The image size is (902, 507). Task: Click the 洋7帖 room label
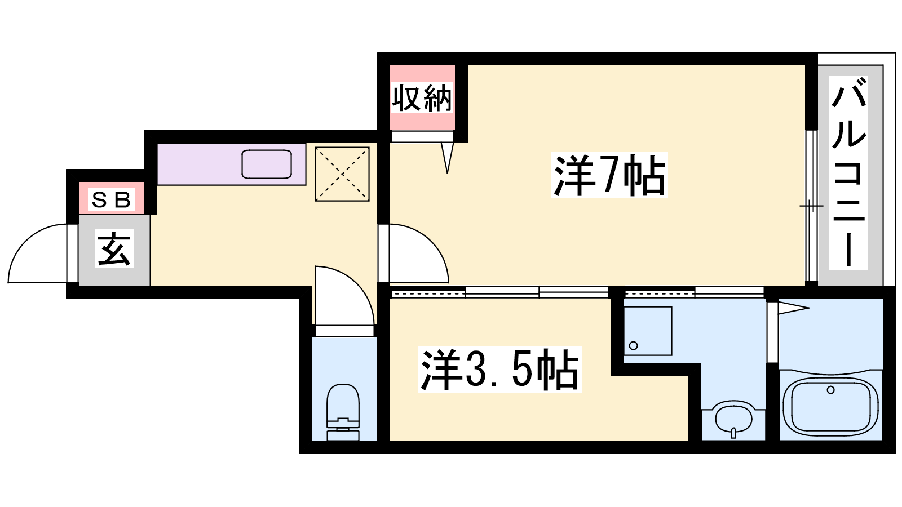click(609, 175)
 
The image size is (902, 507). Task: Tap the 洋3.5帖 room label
click(499, 370)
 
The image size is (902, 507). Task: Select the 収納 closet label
click(422, 98)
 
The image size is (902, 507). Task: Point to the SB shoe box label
click(111, 199)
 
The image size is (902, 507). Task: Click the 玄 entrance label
click(114, 248)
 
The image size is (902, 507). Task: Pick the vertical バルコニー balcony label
click(848, 173)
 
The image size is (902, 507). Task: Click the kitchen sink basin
click(267, 164)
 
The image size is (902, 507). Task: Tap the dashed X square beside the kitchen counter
click(342, 174)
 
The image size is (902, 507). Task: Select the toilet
click(343, 412)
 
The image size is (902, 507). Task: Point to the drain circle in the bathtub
click(831, 390)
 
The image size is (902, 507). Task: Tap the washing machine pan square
click(648, 331)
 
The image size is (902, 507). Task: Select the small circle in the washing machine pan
click(634, 346)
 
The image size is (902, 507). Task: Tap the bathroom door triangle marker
click(794, 309)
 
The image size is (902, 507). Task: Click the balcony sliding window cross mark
click(812, 206)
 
